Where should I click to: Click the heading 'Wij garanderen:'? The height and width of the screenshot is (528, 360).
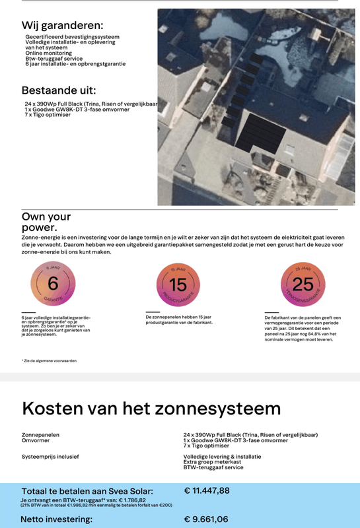point(61,25)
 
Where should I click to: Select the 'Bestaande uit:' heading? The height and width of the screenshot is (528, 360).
point(59,90)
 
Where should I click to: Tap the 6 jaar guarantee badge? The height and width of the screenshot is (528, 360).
point(53,284)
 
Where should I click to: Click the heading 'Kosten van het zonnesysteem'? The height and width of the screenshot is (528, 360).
point(151,408)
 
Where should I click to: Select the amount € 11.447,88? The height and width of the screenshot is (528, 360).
point(207,490)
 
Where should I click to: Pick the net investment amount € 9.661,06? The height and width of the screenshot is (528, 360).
point(206,519)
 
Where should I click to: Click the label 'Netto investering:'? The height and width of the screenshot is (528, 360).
point(57,519)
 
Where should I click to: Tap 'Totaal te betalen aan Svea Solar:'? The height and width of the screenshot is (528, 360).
point(87,491)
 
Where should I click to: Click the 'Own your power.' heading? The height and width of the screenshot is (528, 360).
point(46,222)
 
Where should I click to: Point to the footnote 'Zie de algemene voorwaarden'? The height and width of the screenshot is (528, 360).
point(49,361)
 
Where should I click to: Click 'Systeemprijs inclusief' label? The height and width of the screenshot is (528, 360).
point(50,456)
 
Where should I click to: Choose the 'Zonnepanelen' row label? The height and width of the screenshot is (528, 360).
point(40,435)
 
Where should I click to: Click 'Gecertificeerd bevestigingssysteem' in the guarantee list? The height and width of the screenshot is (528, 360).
point(72,37)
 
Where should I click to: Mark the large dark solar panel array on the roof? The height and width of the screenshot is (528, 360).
point(261,135)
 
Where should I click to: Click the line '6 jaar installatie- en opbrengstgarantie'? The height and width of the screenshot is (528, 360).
point(75,64)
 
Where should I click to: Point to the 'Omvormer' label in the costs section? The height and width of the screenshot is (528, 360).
point(36,440)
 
